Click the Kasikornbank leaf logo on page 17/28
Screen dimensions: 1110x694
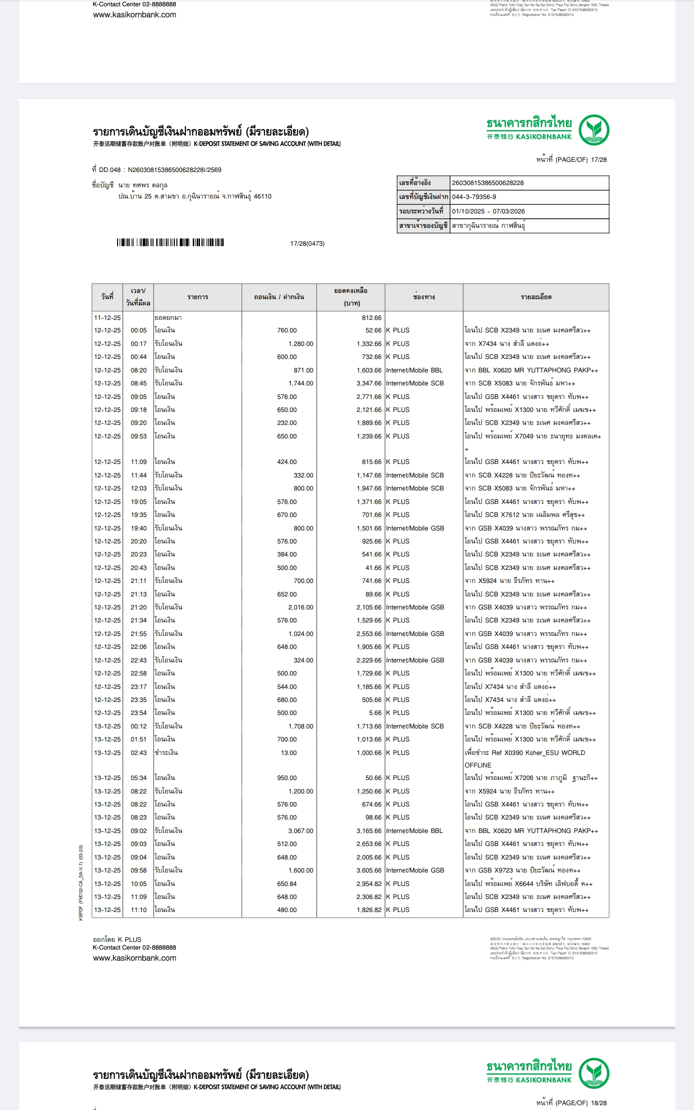coord(594,130)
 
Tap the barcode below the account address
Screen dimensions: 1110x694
coord(170,243)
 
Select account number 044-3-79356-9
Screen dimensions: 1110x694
coord(474,197)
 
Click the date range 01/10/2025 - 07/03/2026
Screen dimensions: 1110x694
coord(488,211)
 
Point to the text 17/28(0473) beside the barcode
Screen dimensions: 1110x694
coord(307,244)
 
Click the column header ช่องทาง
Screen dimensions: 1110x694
coord(424,297)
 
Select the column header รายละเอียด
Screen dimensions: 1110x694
coord(536,297)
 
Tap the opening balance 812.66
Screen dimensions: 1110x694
coord(372,318)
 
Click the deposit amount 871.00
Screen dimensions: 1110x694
coord(303,370)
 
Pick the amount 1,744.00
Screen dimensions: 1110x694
coord(301,383)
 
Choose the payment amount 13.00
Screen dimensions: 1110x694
coord(289,753)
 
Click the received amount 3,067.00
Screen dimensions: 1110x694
coord(301,831)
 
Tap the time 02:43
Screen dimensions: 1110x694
coord(138,753)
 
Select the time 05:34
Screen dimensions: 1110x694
coord(138,778)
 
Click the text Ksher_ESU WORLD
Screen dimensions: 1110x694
coord(555,753)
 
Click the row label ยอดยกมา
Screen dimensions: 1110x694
coord(168,318)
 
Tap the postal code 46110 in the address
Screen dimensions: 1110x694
coord(263,197)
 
